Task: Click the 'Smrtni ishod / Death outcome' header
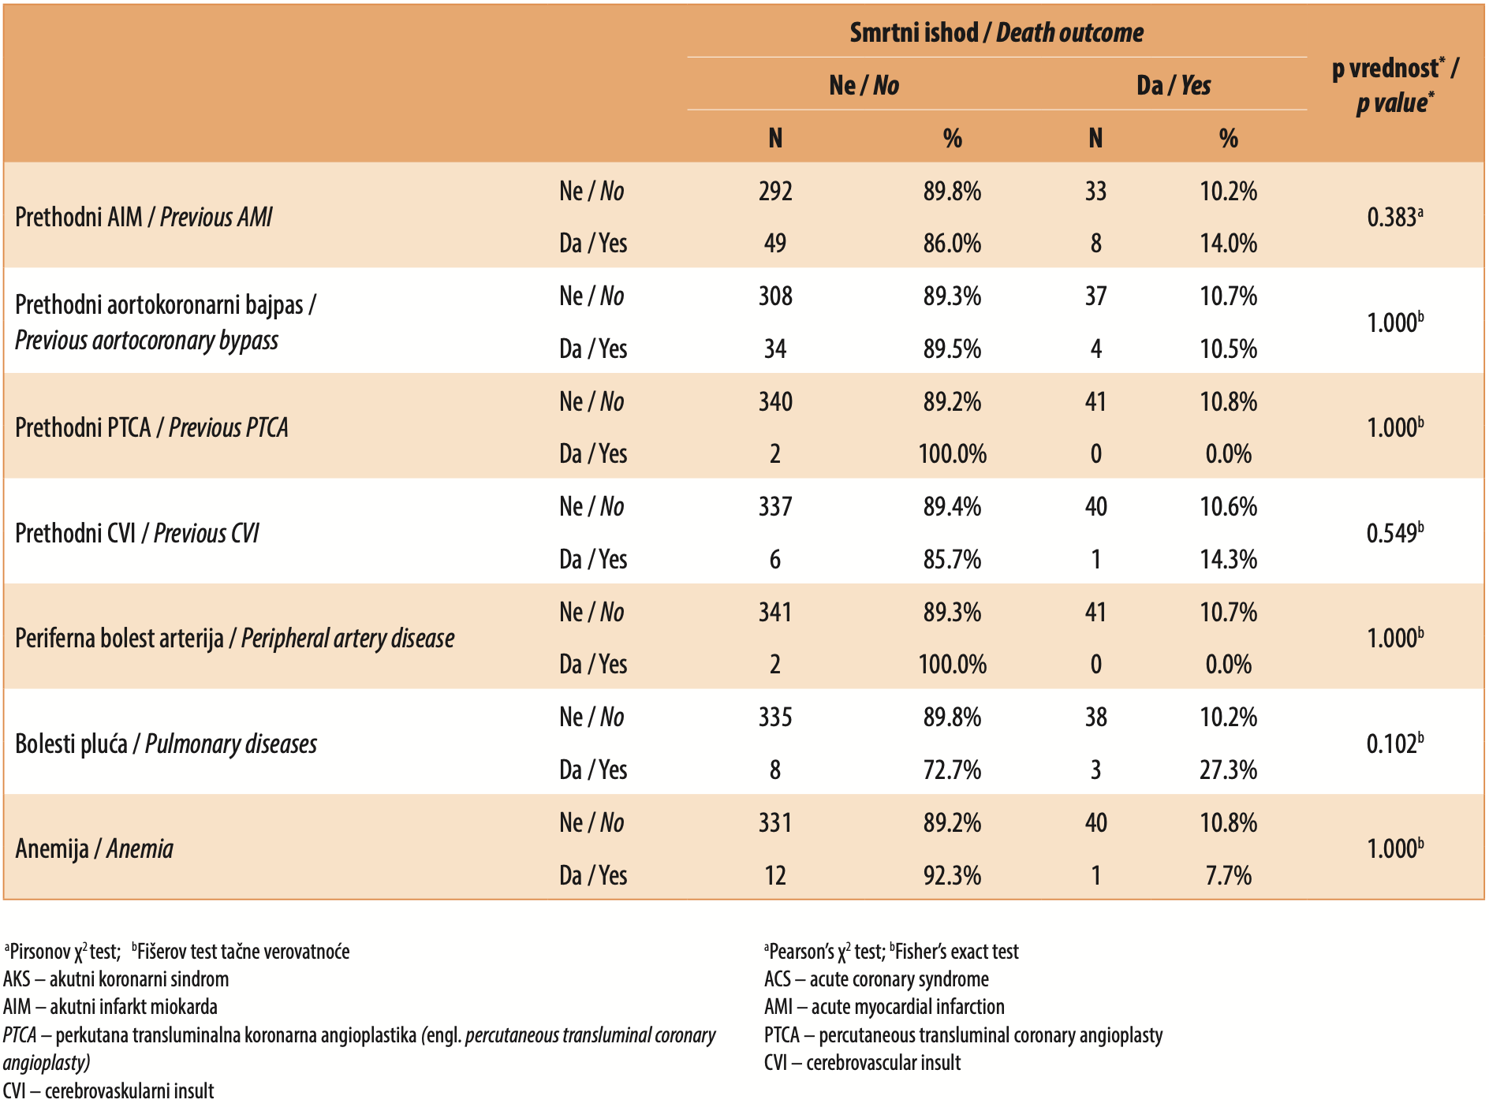pos(996,32)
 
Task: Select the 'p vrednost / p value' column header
pos(1394,85)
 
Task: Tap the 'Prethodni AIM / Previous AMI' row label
pos(144,217)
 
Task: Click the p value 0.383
pos(1394,217)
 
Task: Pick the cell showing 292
pos(775,191)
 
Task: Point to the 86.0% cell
pos(952,243)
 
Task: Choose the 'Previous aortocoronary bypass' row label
pos(147,340)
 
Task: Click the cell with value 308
pos(775,296)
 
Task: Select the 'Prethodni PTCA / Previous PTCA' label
pos(151,427)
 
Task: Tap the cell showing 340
pos(775,401)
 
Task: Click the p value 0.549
pos(1394,533)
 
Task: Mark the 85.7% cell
pos(952,559)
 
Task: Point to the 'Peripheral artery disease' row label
pos(348,638)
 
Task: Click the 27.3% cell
pos(1228,770)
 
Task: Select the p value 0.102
pos(1394,744)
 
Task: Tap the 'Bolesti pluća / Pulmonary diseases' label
pos(166,744)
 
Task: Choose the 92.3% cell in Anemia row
pos(952,875)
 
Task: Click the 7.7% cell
pos(1228,875)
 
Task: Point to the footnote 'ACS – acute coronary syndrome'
pos(876,979)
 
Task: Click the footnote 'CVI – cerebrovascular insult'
pos(862,1063)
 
